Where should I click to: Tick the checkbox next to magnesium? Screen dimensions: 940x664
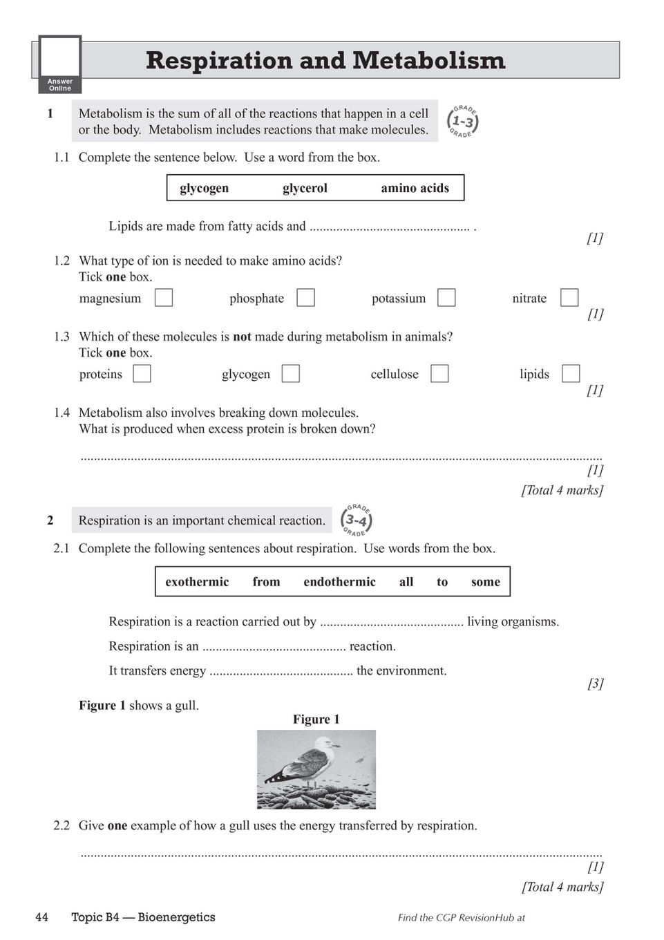coord(164,297)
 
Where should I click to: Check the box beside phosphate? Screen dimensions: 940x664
coord(305,297)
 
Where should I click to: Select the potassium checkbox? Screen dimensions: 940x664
coord(447,297)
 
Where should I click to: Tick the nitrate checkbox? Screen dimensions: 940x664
coord(569,297)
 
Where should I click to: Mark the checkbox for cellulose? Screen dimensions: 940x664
coord(439,373)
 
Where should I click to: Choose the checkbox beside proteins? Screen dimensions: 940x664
coord(142,373)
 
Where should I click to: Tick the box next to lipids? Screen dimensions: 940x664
coord(571,373)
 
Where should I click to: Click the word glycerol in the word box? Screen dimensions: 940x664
coord(305,188)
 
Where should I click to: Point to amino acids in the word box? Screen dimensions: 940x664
coord(415,188)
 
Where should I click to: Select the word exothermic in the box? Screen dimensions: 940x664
coord(197,582)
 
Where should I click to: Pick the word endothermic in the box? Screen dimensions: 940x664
coord(339,582)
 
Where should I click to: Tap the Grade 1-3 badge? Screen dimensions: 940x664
coord(463,122)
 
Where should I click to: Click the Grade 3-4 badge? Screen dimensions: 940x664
coord(357,520)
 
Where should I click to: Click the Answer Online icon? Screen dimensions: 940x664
coord(60,64)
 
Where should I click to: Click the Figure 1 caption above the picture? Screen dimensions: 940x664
coord(316,720)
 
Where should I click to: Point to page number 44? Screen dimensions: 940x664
coord(42,917)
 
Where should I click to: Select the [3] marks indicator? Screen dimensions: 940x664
coord(595,684)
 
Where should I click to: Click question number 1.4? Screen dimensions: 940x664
coord(61,413)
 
